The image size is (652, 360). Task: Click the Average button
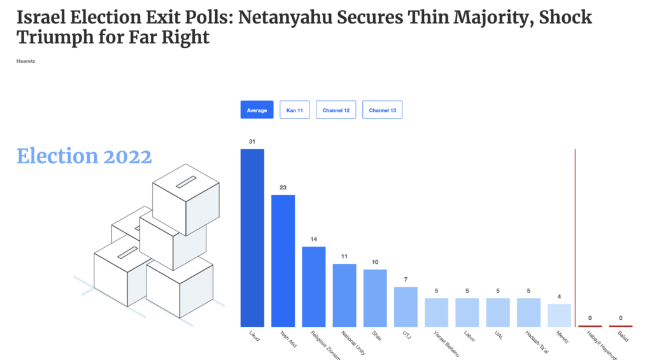click(x=257, y=110)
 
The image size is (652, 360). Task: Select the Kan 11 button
click(x=294, y=110)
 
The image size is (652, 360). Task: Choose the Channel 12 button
click(x=336, y=110)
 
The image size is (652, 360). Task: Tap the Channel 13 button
click(x=382, y=110)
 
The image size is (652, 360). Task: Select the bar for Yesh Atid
click(x=283, y=261)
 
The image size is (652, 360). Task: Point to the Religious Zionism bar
click(x=313, y=287)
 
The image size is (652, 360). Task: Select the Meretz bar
click(x=559, y=315)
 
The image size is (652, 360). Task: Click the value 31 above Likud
click(x=252, y=141)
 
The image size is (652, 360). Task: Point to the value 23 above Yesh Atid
click(x=283, y=187)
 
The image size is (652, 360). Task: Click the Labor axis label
click(x=467, y=336)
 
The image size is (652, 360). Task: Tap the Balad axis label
click(x=622, y=336)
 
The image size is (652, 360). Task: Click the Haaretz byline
click(x=25, y=61)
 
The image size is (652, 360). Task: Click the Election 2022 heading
click(x=84, y=156)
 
